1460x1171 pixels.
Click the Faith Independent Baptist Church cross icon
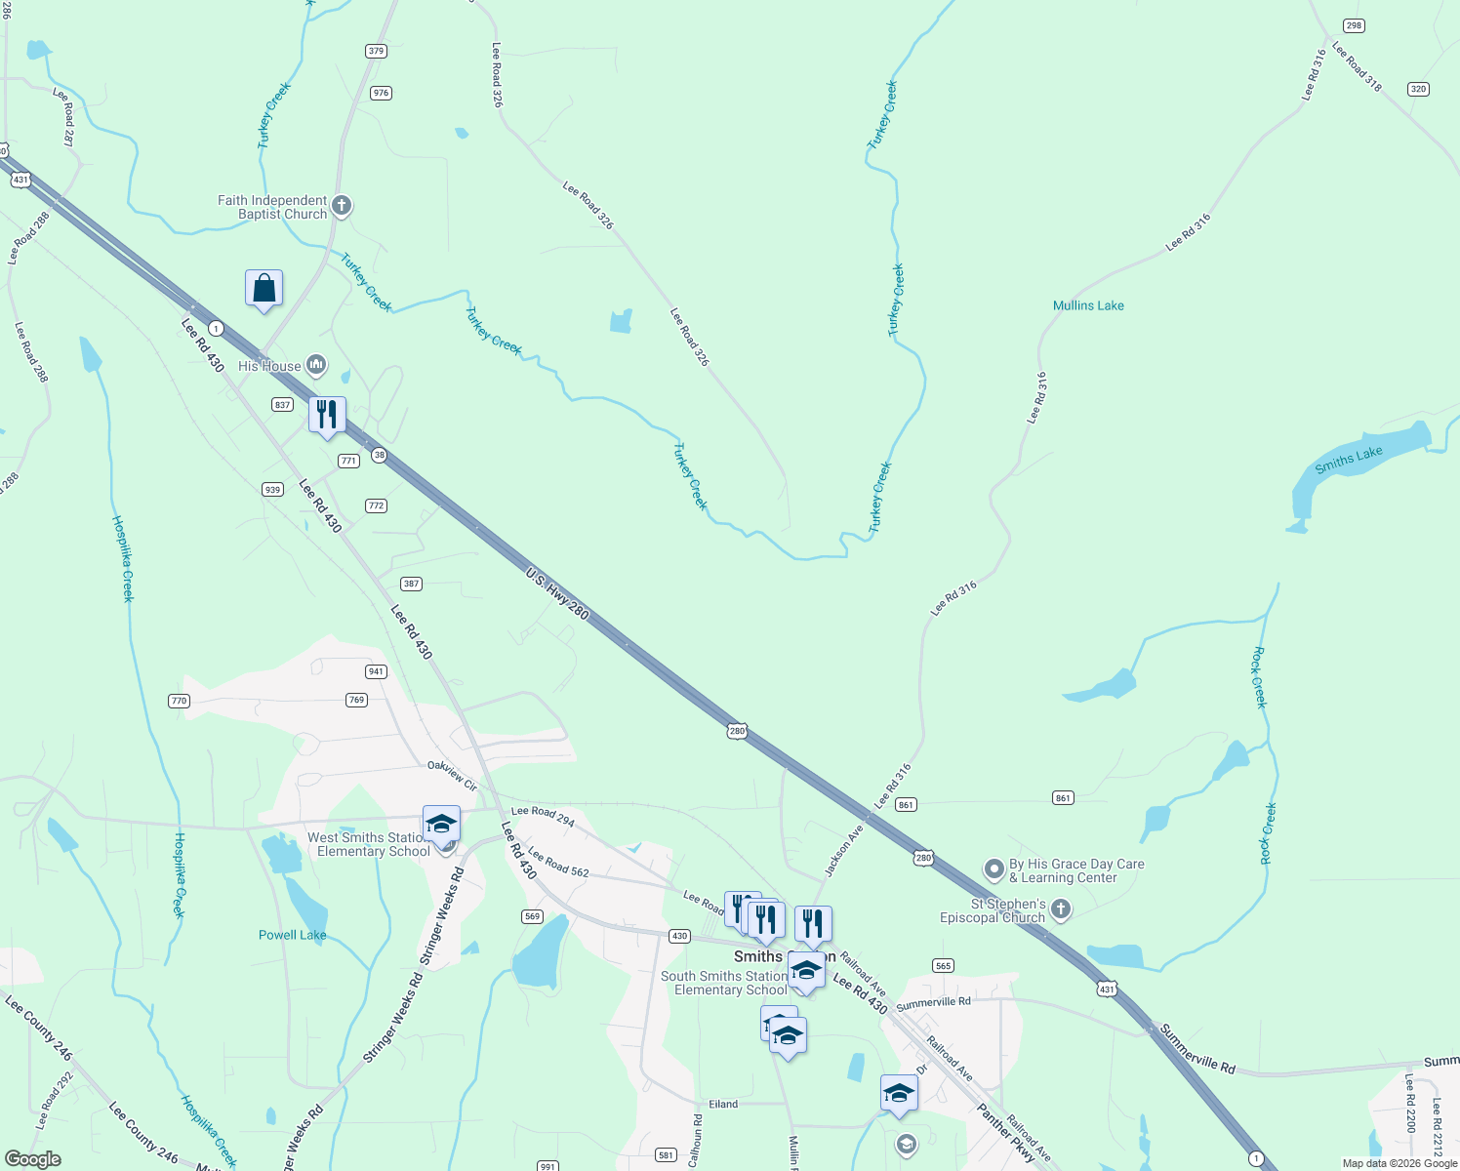341,206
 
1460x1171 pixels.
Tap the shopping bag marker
264,289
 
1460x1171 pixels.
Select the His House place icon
315,366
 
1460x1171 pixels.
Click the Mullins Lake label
1088,305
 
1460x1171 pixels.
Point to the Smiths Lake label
1348,460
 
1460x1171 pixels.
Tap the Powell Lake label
292,935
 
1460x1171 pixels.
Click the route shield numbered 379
376,51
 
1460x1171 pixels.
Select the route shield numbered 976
381,93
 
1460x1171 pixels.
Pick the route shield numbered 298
1353,25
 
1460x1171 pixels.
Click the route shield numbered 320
1418,89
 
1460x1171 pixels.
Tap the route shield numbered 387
411,584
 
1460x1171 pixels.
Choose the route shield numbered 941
376,671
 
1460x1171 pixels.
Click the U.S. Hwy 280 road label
557,593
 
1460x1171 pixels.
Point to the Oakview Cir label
452,776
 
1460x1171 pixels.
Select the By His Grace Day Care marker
994,868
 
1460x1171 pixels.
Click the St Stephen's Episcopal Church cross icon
1061,909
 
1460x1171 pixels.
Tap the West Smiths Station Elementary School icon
441,825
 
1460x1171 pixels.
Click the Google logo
33,1159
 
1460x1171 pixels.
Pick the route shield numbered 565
942,965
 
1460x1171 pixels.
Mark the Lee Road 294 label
543,816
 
